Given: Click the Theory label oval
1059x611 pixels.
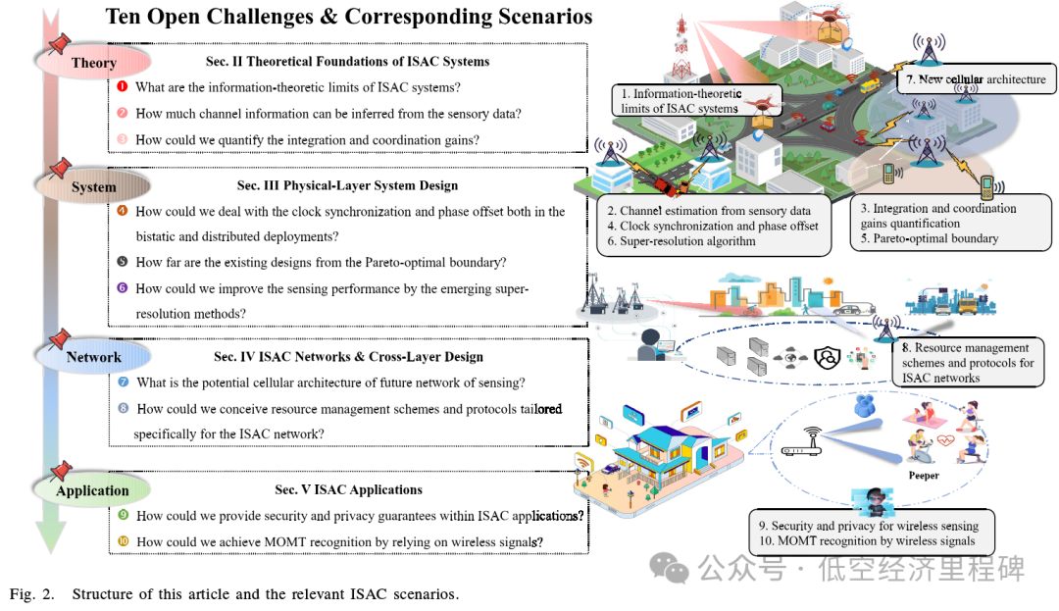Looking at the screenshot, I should (93, 63).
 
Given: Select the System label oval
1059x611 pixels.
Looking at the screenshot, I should (93, 186).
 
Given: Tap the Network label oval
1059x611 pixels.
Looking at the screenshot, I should (93, 357).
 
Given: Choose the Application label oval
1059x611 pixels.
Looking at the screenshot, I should (92, 490).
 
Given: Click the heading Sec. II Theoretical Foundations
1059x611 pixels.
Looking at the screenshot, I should (347, 61).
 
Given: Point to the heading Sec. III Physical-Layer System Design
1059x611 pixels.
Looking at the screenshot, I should (347, 185).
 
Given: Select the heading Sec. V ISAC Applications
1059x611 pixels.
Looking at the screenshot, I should (348, 489).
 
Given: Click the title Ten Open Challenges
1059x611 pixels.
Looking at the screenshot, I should (348, 17).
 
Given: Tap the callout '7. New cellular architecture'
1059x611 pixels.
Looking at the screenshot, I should (976, 79).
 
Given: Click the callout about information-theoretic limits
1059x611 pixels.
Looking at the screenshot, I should (678, 101).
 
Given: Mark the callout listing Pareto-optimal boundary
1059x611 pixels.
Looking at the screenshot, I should (938, 224).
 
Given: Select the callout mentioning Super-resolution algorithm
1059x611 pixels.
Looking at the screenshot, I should (713, 226).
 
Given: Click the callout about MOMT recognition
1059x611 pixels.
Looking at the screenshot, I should (871, 534).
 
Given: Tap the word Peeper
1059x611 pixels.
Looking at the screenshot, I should (923, 476).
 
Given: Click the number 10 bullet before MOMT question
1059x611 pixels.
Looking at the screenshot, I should (123, 541).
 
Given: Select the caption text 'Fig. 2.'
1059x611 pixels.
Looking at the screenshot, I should (35, 594).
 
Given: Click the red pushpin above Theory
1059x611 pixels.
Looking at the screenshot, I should (61, 42).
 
